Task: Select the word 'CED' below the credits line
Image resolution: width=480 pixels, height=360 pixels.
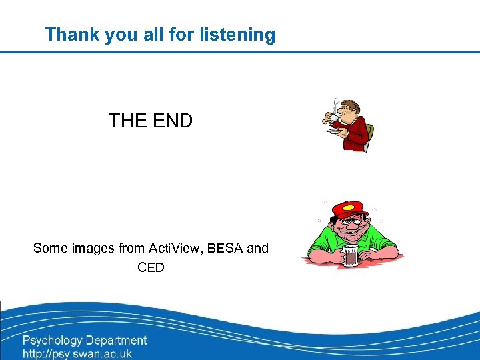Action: click(151, 267)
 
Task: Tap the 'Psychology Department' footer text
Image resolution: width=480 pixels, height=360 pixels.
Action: click(85, 341)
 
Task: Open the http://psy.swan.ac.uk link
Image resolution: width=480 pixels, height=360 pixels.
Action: click(77, 354)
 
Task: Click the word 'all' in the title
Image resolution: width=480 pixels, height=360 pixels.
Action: click(153, 35)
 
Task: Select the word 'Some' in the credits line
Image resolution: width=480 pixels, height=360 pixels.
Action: click(51, 248)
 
